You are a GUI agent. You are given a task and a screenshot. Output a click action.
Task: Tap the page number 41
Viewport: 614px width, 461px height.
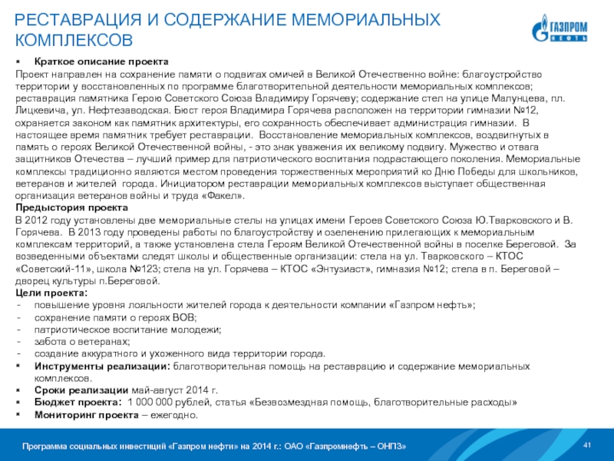pyautogui.click(x=589, y=446)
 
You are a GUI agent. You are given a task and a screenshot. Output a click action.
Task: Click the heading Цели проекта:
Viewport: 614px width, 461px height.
pyautogui.click(x=51, y=294)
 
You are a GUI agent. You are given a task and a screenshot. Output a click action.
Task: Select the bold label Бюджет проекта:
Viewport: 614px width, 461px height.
pyautogui.click(x=78, y=403)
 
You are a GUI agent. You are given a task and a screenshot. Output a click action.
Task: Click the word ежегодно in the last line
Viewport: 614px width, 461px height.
pyautogui.click(x=177, y=415)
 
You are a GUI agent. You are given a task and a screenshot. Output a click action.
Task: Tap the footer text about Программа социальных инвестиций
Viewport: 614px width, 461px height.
pyautogui.click(x=214, y=446)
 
